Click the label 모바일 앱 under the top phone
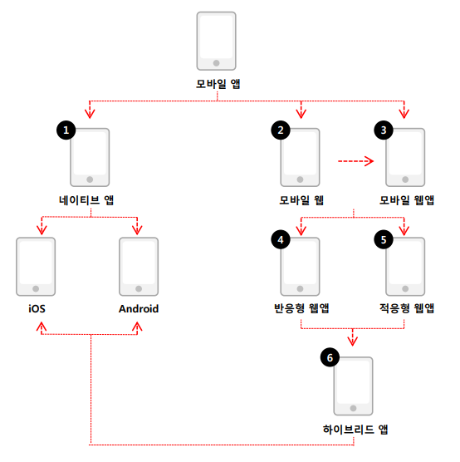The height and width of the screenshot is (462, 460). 218,84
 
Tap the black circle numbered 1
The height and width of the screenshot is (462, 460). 66,130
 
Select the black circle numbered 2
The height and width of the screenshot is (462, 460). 281,130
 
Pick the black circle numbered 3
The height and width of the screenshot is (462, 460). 384,130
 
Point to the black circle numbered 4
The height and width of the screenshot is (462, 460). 281,239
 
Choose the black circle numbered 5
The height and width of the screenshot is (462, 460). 384,239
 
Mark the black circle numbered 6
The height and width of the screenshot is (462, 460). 330,357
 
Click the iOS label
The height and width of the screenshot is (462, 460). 37,309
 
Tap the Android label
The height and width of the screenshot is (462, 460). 139,309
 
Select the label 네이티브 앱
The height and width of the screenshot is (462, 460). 86,200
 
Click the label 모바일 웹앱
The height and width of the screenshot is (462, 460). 407,200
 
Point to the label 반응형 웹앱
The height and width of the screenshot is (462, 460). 301,308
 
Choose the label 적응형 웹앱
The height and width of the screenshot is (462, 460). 407,308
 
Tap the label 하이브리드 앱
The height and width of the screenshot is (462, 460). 355,430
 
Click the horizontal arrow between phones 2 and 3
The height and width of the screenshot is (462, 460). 355,161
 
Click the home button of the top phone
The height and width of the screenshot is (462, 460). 216,63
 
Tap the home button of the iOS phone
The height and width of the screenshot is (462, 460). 36,289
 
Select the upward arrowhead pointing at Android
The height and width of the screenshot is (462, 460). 137,327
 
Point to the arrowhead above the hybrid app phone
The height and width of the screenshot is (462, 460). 353,342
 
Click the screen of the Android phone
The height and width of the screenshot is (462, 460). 139,263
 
